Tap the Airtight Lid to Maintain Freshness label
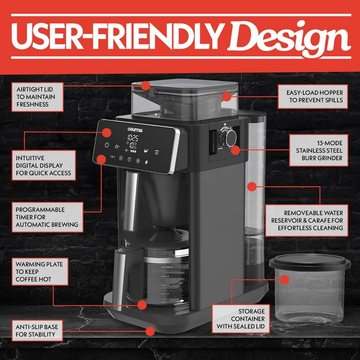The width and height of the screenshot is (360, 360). click(x=36, y=97)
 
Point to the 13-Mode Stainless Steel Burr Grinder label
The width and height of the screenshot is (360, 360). click(x=319, y=150)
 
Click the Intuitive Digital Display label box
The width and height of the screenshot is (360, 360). click(x=44, y=165)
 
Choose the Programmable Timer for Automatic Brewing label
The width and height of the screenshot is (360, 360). click(x=46, y=217)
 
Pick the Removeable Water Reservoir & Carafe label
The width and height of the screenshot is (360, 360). click(x=307, y=220)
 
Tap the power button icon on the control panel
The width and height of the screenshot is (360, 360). click(x=107, y=145)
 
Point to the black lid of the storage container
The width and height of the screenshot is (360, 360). click(x=309, y=262)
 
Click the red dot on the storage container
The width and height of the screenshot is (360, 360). click(x=285, y=280)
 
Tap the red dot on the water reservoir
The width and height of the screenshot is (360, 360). click(x=252, y=187)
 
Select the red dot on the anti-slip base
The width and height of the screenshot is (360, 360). click(x=150, y=331)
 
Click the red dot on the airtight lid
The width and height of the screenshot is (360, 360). click(x=145, y=86)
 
